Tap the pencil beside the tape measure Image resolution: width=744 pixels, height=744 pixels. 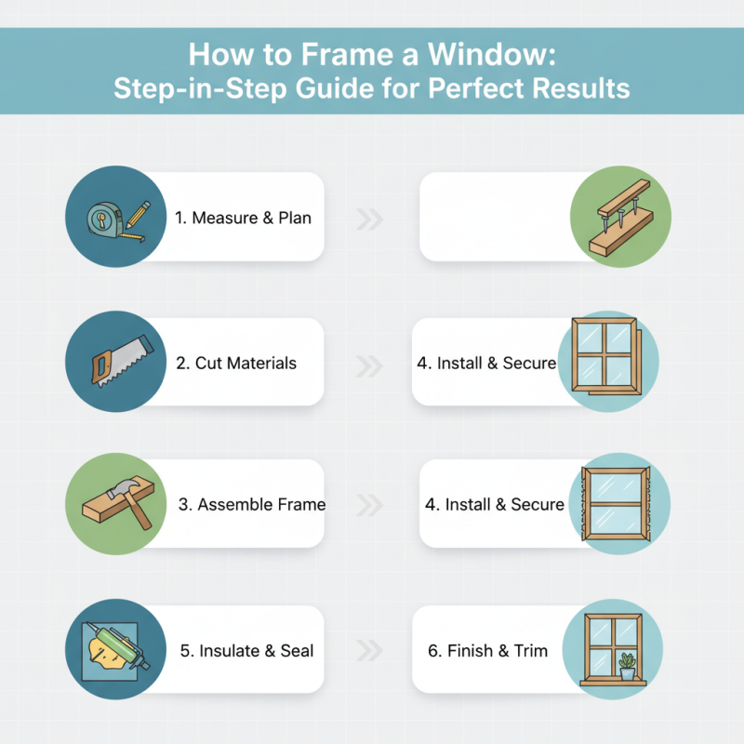point(136,216)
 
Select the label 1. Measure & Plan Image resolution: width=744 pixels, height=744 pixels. point(243,218)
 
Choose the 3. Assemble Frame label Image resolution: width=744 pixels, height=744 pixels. point(251,504)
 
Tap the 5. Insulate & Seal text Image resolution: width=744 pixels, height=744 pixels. point(246,651)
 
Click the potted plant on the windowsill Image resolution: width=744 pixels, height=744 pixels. point(627,665)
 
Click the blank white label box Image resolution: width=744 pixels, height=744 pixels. point(493,217)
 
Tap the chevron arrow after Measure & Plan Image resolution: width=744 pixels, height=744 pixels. point(370,220)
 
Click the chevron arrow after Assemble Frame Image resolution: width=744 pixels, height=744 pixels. point(370,505)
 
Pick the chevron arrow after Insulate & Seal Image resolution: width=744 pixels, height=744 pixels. point(370,651)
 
